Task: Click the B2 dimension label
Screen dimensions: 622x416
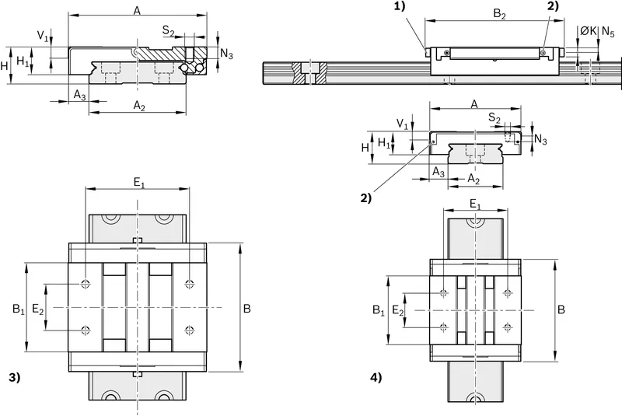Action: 499,14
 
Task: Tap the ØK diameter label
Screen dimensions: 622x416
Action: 589,31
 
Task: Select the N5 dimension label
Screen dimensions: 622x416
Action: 608,32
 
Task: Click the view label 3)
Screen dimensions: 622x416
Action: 14,378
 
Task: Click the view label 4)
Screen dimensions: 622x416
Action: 376,378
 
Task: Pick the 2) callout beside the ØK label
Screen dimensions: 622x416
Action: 553,6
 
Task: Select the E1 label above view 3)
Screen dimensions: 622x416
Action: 139,183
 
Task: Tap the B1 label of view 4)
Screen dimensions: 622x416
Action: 379,309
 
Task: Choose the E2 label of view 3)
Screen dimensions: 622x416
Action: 38,309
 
